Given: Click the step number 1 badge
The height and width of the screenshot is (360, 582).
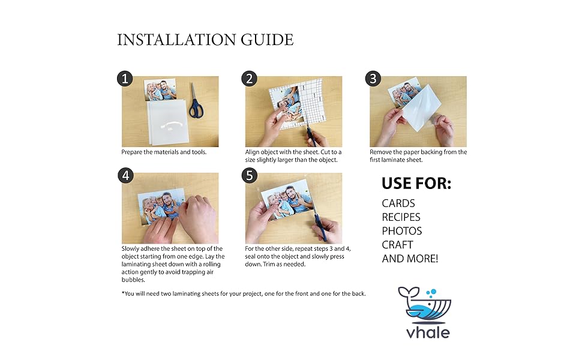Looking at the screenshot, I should [x=125, y=79].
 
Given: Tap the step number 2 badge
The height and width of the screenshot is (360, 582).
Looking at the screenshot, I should [x=249, y=79].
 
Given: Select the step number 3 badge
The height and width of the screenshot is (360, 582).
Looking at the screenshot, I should [x=373, y=79].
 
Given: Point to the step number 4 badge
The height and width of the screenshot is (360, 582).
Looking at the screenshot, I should [x=125, y=176].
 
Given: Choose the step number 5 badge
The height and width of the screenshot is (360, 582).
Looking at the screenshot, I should [x=249, y=176].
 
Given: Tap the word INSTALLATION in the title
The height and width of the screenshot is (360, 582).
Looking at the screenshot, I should [x=171, y=40].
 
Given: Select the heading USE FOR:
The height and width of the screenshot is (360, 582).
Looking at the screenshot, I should [x=416, y=184].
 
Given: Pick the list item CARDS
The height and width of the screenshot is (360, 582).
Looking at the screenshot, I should [x=398, y=203].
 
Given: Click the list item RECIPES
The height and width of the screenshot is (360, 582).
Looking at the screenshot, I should [x=401, y=217].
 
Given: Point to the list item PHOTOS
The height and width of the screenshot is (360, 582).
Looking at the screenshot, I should [x=401, y=231].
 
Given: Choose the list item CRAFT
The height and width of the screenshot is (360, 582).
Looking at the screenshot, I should [x=397, y=245].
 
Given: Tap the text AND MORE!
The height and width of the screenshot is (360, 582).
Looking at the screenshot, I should [x=410, y=259].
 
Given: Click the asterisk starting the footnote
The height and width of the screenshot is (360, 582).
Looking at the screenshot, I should [x=123, y=293].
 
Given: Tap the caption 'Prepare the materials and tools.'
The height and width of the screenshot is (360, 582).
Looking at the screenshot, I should [x=164, y=152].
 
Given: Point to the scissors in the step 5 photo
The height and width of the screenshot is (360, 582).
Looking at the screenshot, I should [x=324, y=227].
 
